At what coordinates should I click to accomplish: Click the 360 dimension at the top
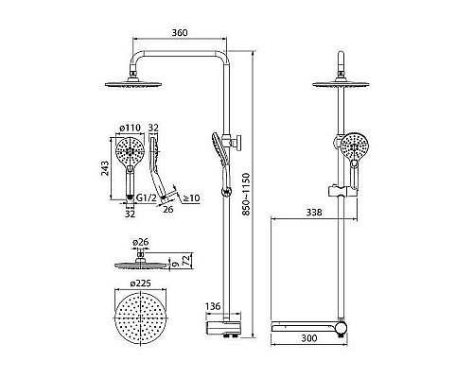[180, 33]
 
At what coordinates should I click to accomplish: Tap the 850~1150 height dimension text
[246, 194]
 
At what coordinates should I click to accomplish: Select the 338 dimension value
[314, 213]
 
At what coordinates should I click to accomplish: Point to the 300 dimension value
[309, 338]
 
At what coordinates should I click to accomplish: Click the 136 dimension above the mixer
[213, 306]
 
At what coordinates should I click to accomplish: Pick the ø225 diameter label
[140, 283]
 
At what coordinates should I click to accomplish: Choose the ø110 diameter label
[130, 128]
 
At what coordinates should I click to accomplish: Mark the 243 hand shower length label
[105, 168]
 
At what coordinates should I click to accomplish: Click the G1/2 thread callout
[147, 198]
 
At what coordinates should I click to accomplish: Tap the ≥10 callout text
[191, 198]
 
